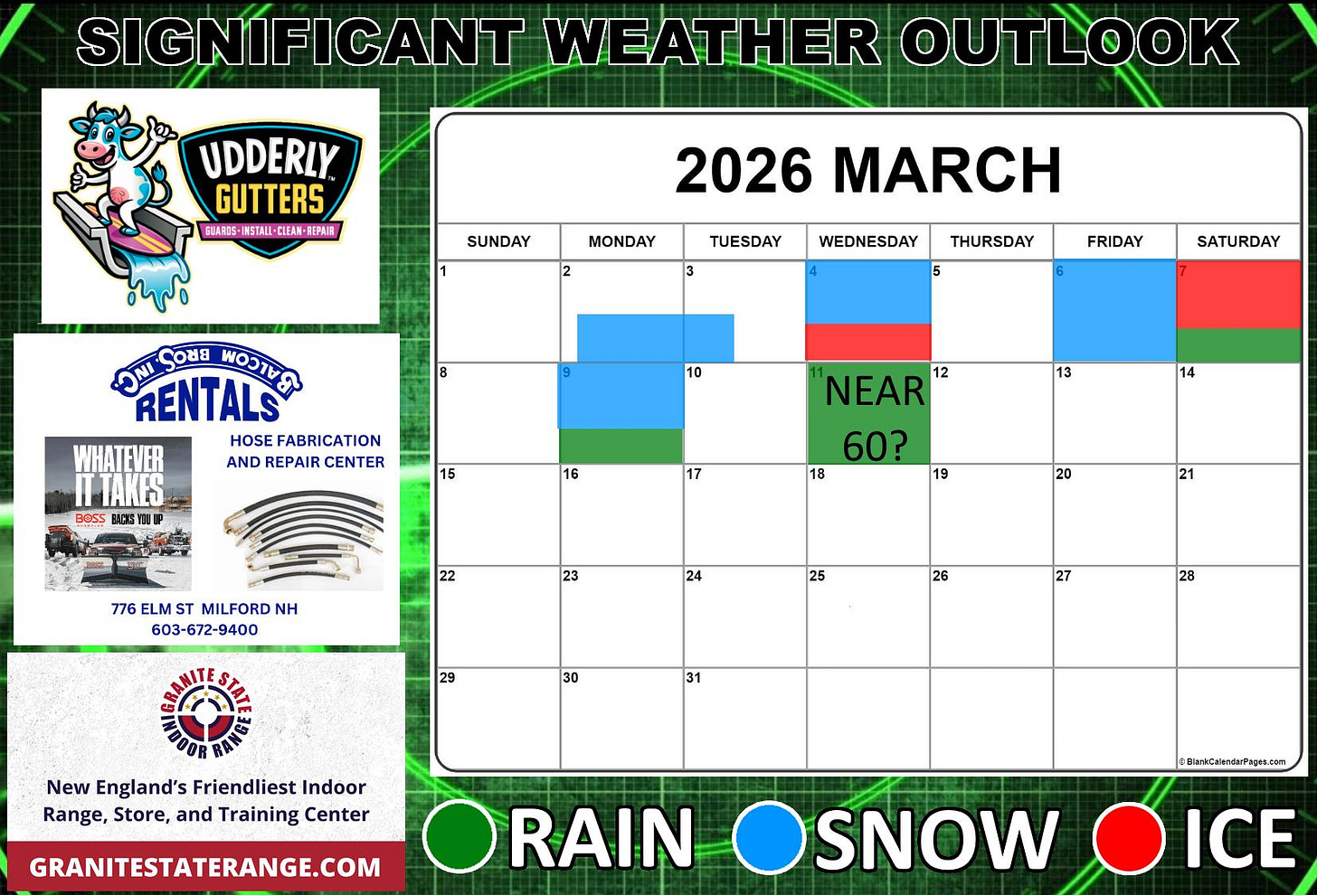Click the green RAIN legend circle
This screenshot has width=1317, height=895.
pos(460,837)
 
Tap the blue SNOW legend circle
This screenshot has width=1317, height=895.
pos(768,837)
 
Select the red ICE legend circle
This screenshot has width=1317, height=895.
pos(1128,837)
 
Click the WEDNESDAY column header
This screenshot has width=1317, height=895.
pos(868,241)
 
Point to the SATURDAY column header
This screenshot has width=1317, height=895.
pos(1238,241)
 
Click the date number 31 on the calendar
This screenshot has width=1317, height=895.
pos(694,677)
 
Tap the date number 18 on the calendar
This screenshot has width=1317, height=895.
pos(817,474)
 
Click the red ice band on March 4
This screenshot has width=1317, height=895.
pos(868,343)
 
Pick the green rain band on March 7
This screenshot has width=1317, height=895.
pos(1238,344)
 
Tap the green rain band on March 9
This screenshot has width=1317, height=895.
pos(621,446)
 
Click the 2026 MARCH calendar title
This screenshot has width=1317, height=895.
pos(868,170)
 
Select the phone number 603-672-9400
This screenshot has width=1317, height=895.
pos(204,630)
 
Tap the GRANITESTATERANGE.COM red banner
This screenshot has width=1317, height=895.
pos(205,868)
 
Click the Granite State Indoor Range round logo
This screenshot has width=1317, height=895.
pos(206,713)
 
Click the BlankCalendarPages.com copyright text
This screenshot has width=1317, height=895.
pos(1232,762)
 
